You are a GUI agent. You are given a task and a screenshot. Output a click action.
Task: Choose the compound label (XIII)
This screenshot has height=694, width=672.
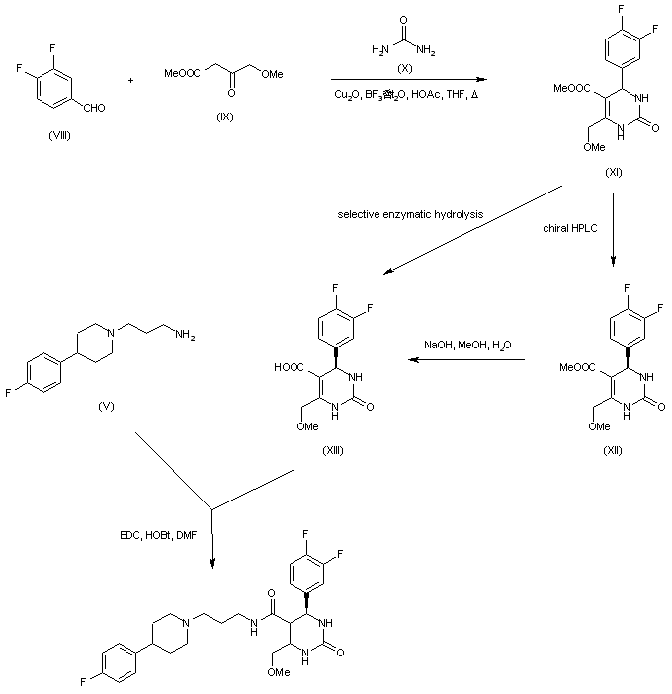coord(337,450)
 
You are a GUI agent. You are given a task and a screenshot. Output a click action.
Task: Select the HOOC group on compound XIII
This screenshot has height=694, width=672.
coord(293,367)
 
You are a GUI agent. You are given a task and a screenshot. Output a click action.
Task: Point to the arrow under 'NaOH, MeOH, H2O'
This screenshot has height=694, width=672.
coord(468,361)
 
